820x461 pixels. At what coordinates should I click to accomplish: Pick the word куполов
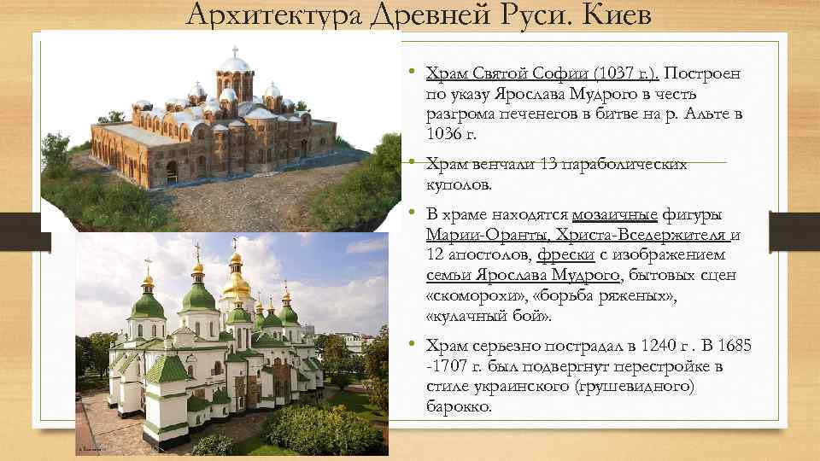[460, 184]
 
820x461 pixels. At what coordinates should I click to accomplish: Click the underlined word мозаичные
[614, 214]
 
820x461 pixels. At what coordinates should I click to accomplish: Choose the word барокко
[459, 407]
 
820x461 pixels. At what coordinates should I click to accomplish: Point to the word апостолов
[495, 255]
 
